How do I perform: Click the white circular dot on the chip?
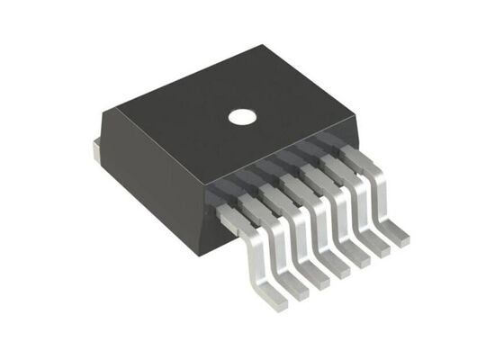pyautogui.click(x=241, y=116)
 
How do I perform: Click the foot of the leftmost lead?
pyautogui.click(x=286, y=292)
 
